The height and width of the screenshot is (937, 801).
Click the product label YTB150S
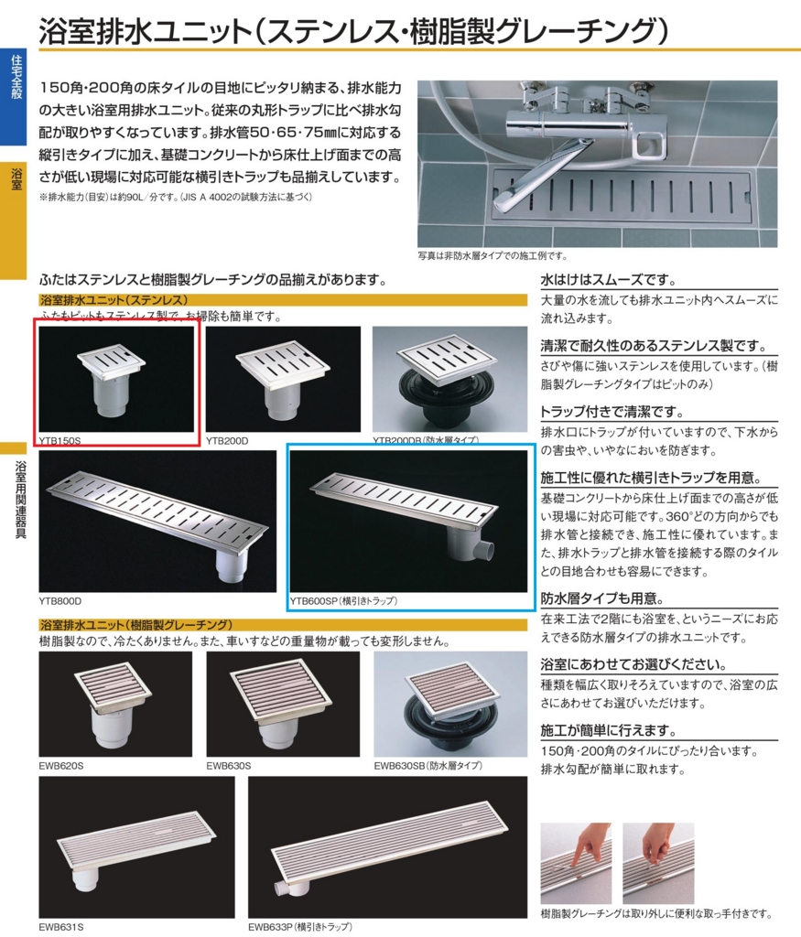(x=60, y=440)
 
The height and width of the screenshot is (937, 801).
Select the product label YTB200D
(x=227, y=440)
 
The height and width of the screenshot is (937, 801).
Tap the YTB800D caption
(x=60, y=601)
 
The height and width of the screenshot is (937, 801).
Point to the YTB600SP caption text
(x=343, y=601)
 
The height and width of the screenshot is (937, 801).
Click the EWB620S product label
(x=60, y=765)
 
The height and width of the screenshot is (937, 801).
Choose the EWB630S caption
(x=228, y=765)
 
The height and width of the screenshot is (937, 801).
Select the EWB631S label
(x=60, y=926)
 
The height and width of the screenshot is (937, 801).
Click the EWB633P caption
(x=299, y=926)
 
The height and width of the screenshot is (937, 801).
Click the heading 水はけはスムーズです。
(x=608, y=280)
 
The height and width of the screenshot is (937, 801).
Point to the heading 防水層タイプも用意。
(x=600, y=599)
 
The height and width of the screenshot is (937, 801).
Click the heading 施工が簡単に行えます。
(x=609, y=730)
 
